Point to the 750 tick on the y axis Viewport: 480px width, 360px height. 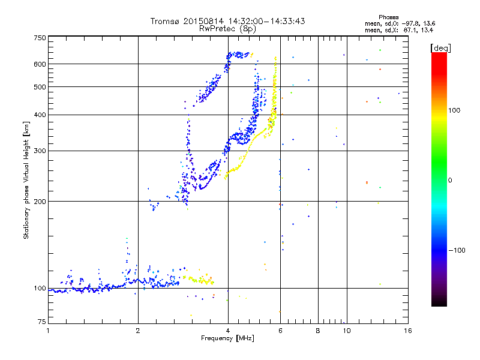point(40,38)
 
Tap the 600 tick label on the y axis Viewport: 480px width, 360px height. point(40,64)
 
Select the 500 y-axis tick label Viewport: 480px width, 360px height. point(40,86)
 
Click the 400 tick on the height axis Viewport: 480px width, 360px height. point(40,115)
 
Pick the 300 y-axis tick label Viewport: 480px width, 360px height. point(40,151)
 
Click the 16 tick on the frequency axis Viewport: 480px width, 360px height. point(407,331)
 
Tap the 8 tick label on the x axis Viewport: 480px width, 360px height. point(318,331)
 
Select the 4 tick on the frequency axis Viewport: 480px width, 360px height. point(228,331)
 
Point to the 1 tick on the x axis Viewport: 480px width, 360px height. point(48,331)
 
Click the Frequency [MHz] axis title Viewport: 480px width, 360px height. point(227,338)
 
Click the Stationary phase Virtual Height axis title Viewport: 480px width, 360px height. point(26,180)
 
